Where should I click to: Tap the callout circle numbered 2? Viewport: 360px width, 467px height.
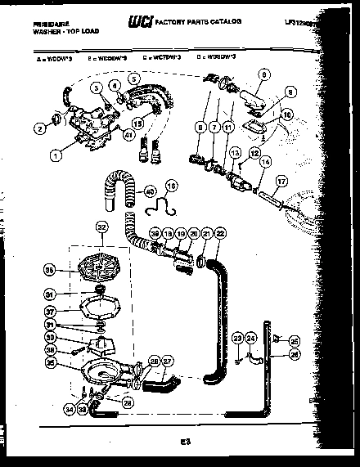(38, 127)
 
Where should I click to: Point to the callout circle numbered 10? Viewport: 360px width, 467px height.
(286, 115)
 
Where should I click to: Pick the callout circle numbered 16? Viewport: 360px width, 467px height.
(172, 186)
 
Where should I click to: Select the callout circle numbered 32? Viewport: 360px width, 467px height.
(101, 228)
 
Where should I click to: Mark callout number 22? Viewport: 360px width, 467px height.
(219, 234)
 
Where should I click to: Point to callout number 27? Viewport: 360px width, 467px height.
(167, 361)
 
